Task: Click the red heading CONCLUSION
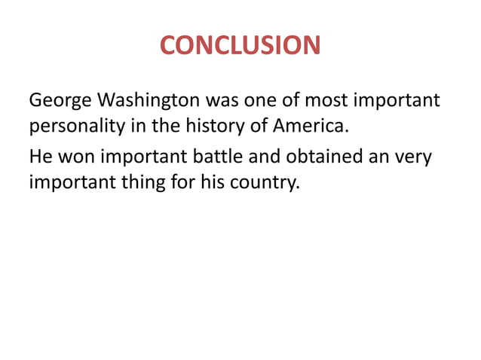tap(240, 46)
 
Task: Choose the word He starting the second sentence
tap(39, 157)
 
